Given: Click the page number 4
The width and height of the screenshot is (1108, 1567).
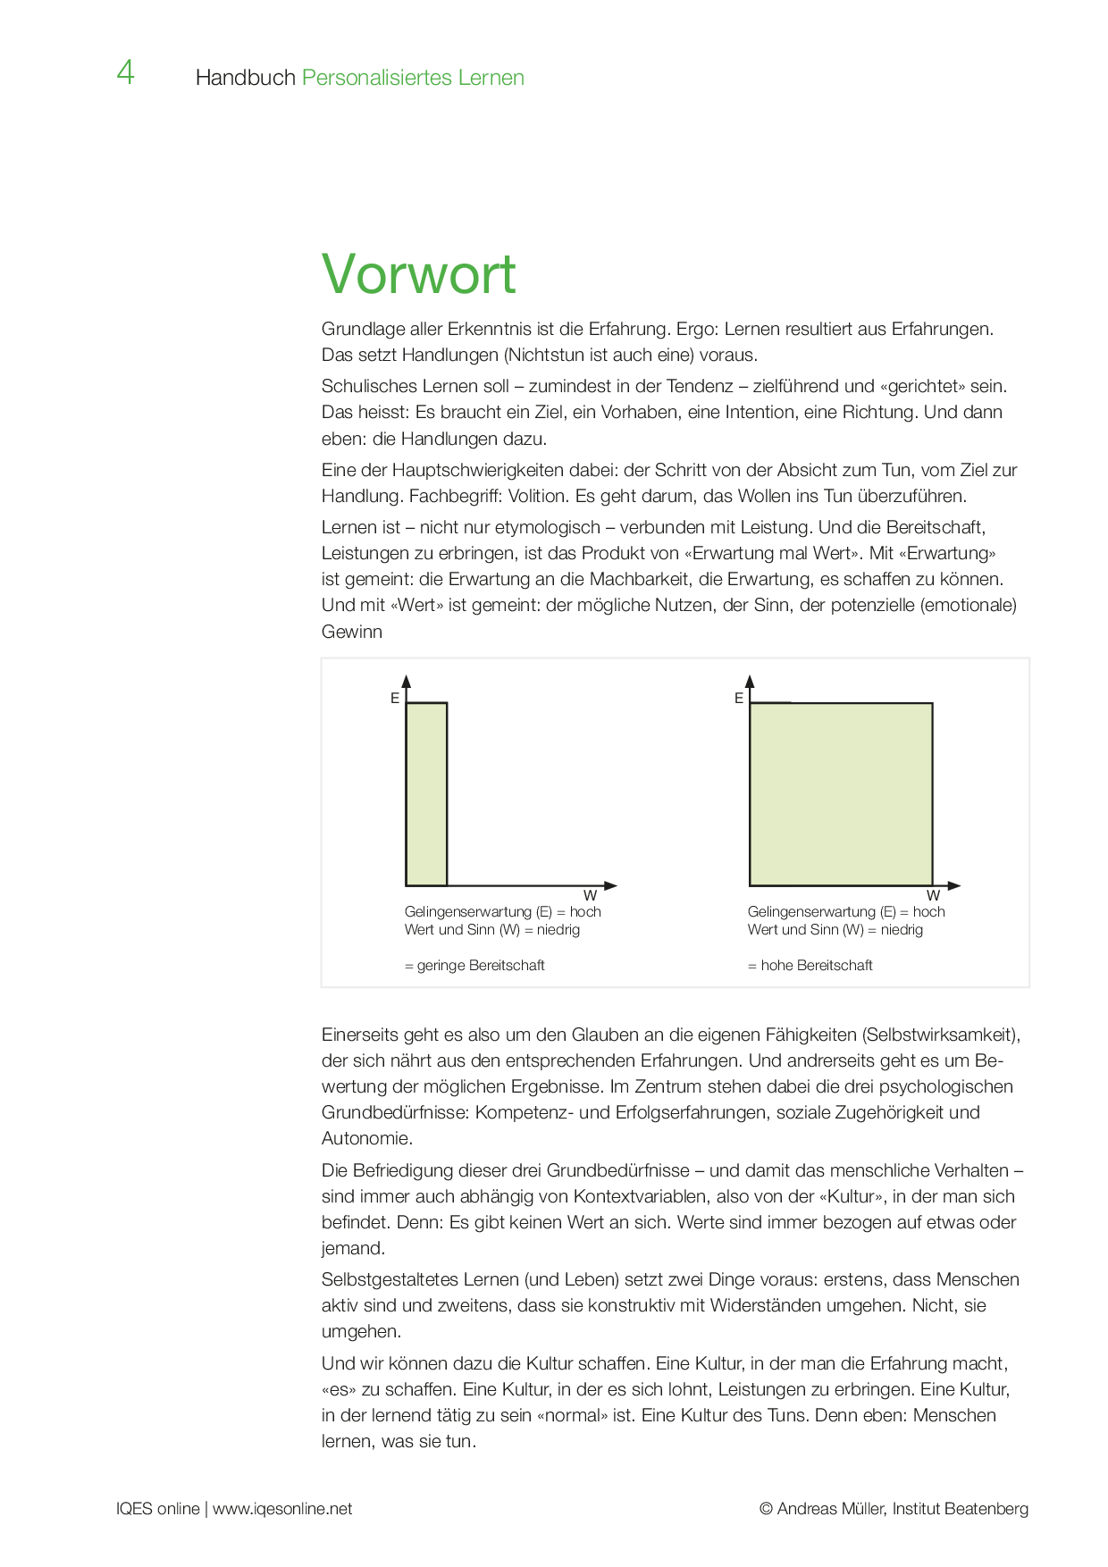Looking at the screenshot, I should pos(125,72).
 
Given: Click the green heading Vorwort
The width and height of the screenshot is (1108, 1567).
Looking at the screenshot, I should pos(418,273).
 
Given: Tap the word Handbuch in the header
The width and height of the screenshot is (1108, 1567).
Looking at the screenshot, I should pos(245,78).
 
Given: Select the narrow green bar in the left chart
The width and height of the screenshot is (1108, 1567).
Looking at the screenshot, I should pos(426,794).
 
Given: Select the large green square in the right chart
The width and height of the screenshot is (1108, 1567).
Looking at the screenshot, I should pos(841,794).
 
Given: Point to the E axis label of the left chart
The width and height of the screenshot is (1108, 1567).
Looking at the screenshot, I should pos(395,699).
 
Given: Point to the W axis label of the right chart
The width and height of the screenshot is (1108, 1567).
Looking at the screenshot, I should pos(933,895).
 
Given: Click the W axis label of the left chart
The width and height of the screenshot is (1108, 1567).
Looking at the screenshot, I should pos(590,895).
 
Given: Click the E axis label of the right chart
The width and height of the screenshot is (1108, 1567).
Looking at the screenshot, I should pos(739,699).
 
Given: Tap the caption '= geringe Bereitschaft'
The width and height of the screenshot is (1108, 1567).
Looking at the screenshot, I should pos(474,965).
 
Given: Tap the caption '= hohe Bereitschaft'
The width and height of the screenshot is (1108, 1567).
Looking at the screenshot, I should pos(810,965).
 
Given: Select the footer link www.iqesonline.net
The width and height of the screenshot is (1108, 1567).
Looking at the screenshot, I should pos(282,1509).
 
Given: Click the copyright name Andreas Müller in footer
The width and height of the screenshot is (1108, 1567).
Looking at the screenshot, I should pos(832,1509).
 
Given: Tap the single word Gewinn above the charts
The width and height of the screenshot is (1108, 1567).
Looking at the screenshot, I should pos(352,632).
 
